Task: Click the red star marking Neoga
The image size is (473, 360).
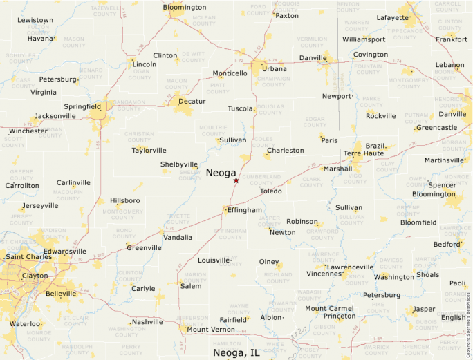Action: coord(236,180)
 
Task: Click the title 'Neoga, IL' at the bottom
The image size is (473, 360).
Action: coord(236,352)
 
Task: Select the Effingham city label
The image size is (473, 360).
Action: coord(245,209)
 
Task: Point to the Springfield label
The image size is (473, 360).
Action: coord(82,106)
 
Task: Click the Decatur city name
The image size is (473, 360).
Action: coord(192,101)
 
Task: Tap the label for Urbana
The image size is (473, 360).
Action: coord(275,68)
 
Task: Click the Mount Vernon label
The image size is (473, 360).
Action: coord(211,330)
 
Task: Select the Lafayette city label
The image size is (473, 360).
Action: coord(393,17)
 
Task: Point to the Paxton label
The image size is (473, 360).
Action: coord(287,15)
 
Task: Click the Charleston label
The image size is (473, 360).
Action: coord(285,150)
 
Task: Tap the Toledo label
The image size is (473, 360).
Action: coord(270,191)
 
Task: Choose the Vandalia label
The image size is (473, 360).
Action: coord(178,237)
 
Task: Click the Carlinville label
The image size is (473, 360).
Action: coord(73,182)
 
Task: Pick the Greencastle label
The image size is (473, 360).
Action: coord(436,127)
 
